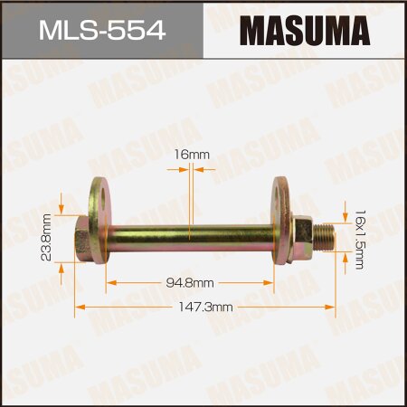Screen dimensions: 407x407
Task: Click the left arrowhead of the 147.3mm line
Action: coord(78,308)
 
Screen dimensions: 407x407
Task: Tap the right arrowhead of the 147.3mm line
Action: coord(335,308)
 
